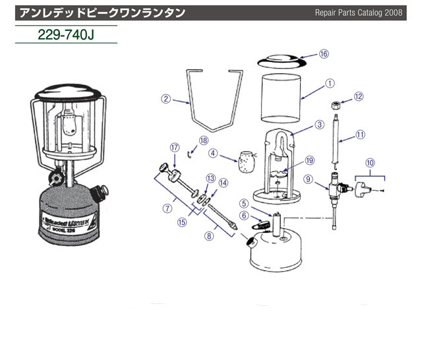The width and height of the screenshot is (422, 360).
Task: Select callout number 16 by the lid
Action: pos(323,54)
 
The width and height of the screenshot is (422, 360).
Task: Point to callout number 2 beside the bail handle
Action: pos(166,100)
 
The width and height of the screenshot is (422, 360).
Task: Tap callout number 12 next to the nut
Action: pos(359,96)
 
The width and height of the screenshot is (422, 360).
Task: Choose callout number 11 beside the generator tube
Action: pos(360,134)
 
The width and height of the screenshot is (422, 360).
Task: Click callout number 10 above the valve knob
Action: pos(369,161)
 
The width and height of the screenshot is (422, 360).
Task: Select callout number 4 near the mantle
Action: pos(214,153)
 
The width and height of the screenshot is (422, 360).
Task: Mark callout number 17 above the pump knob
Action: pos(175,147)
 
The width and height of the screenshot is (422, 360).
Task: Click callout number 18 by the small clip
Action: pos(203,140)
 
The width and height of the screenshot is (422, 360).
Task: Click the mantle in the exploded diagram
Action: pos(247,161)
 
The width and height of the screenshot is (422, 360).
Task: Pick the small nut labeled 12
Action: pos(336,105)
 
